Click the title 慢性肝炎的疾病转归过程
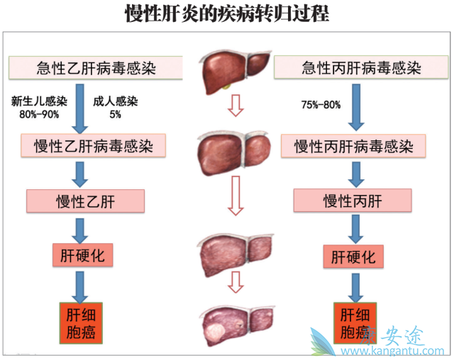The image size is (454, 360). pos(226,14)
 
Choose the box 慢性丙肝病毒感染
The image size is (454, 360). pos(353,147)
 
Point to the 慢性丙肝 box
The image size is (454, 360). pos(352,201)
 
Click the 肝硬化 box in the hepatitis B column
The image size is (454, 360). pos(83,254)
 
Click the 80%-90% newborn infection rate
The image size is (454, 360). pos(40,113)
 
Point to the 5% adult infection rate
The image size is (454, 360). pos(115,113)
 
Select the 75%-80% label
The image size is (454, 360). pos(321,105)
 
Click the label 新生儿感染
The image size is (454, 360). pos(40,101)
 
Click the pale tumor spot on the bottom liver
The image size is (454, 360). pos(214,329)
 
